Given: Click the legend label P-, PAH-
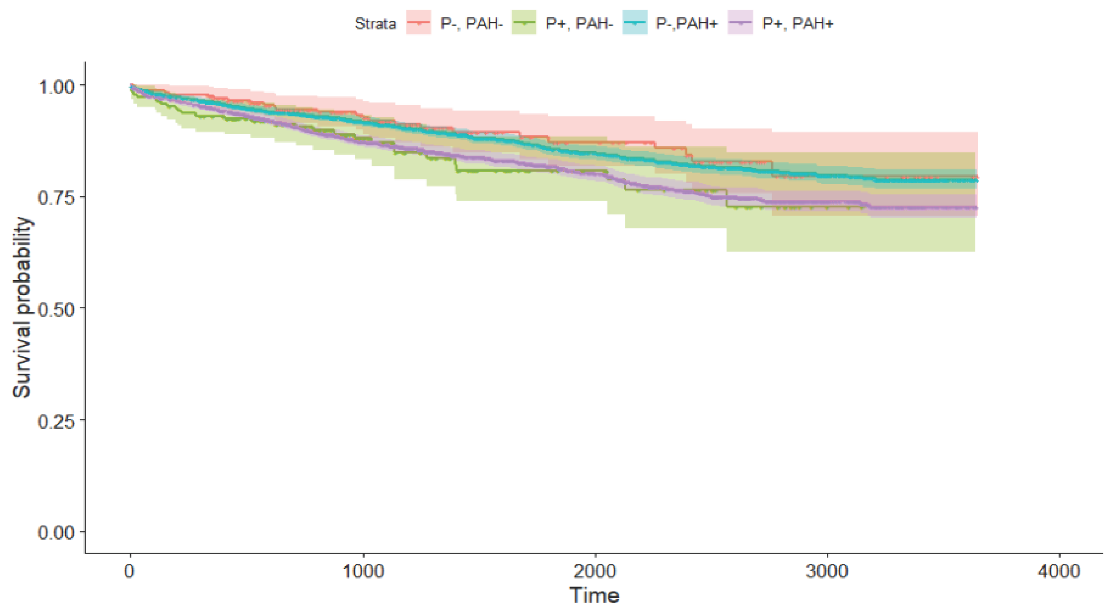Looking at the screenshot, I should pos(471,23).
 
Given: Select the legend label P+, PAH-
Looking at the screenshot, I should pos(579,23).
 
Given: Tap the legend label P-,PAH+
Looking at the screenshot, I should pos(687,23).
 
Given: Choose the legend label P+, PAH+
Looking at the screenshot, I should pos(798,23).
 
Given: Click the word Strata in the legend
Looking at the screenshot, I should pos(375,23).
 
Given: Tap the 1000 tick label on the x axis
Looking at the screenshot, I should pos(363,572).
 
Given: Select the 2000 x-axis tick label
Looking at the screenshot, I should pos(595,572).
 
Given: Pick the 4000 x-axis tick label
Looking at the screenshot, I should pos(1059,572).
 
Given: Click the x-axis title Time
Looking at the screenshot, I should pos(594,595).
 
